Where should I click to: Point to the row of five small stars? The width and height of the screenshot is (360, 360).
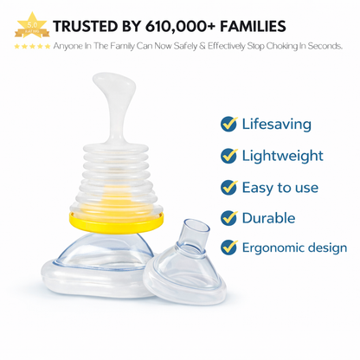[31, 46]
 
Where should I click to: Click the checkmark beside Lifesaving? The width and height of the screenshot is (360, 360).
[228, 124]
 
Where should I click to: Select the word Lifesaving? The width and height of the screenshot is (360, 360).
[276, 124]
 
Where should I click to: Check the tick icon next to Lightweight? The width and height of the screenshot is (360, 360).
[228, 156]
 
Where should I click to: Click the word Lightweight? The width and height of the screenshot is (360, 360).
[282, 156]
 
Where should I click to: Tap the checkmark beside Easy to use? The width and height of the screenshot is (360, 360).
[228, 187]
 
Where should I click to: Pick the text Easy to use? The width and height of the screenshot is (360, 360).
[280, 187]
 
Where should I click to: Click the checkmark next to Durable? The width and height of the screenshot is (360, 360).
[228, 218]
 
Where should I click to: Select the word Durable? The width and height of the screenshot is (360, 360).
[268, 218]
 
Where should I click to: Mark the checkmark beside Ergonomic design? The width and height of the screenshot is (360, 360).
[228, 248]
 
